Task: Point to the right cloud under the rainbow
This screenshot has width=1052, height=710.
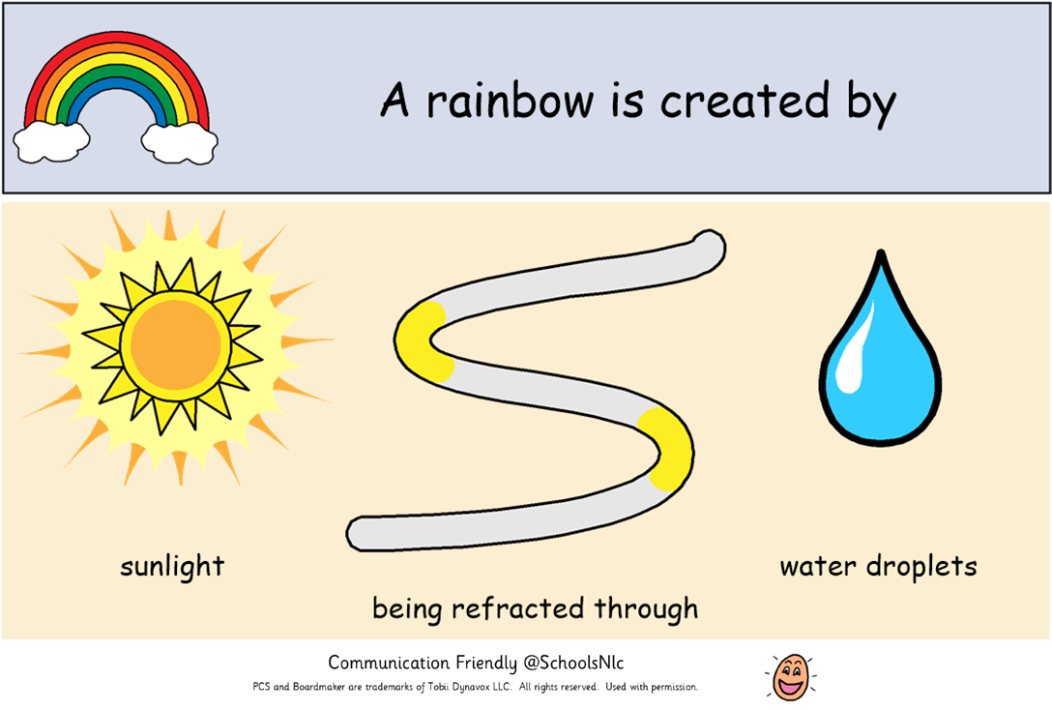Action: click(180, 142)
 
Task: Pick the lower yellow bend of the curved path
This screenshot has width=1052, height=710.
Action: click(667, 448)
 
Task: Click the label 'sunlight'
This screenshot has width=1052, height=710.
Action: click(172, 566)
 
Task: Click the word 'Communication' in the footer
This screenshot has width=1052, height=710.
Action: click(390, 663)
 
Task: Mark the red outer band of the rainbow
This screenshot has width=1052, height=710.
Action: click(116, 41)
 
